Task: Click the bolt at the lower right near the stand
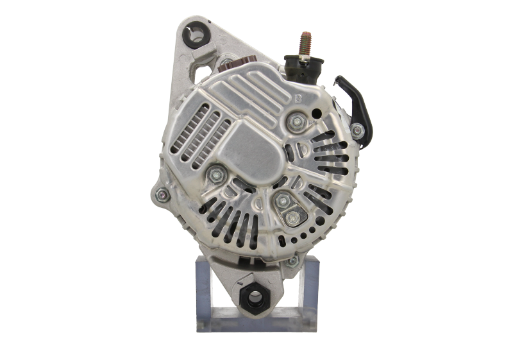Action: point(292,261)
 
